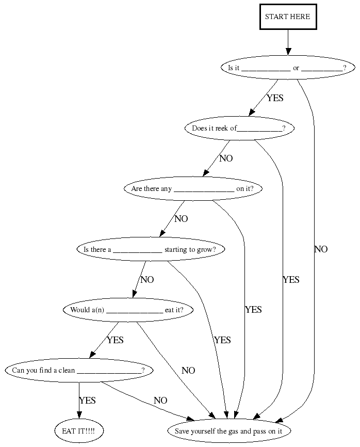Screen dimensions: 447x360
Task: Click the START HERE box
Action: pyautogui.click(x=287, y=17)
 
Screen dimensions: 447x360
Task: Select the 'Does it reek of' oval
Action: pyautogui.click(x=239, y=129)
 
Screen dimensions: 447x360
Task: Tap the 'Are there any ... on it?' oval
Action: pyautogui.click(x=192, y=189)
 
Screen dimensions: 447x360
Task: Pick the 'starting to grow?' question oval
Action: pyautogui.click(x=150, y=250)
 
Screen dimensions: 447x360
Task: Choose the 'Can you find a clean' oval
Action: pyautogui.click(x=78, y=371)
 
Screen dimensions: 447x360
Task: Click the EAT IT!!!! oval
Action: pyautogui.click(x=78, y=430)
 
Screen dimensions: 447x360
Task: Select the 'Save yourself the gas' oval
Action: pyautogui.click(x=229, y=430)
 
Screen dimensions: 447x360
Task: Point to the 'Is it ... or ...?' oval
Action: pyautogui.click(x=287, y=68)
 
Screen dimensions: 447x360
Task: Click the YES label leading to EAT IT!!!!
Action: pyautogui.click(x=87, y=401)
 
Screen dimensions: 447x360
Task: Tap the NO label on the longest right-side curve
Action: pyautogui.click(x=320, y=249)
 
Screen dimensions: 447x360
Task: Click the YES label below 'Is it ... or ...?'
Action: pyautogui.click(x=275, y=98)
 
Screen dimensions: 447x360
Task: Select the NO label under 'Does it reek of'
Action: pyautogui.click(x=226, y=158)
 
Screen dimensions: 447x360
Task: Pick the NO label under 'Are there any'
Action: pyautogui.click(x=181, y=219)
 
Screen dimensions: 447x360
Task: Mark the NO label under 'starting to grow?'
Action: pyautogui.click(x=147, y=280)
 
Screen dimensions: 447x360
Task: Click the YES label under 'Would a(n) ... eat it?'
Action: pyautogui.click(x=115, y=340)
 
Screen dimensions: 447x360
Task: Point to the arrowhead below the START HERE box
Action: pyautogui.click(x=288, y=51)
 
